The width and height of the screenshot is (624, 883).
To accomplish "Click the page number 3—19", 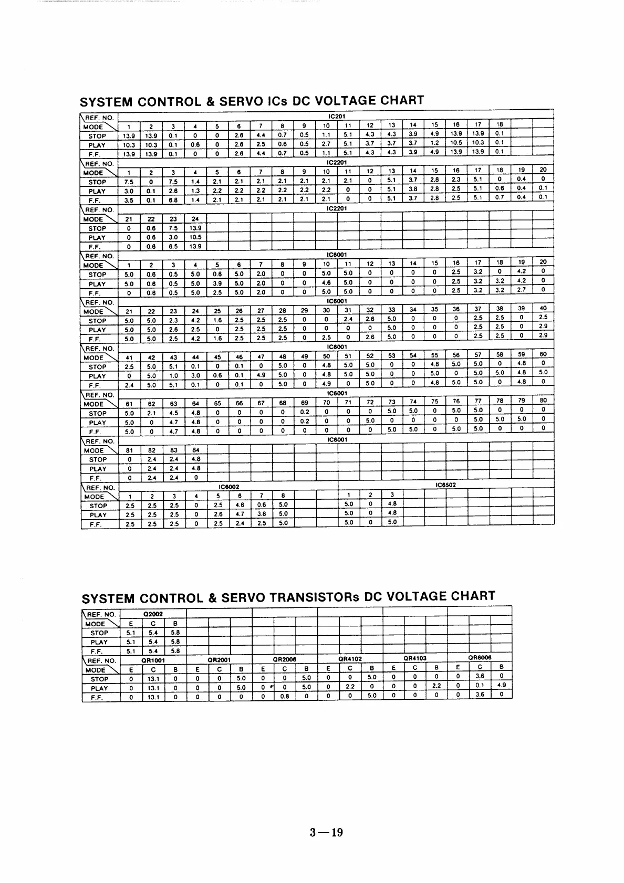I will (x=326, y=833).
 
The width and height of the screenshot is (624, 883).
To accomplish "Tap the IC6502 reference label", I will (x=445, y=485).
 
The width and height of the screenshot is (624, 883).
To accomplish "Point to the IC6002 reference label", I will (x=228, y=487).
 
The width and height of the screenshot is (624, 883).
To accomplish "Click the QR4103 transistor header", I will (x=415, y=658).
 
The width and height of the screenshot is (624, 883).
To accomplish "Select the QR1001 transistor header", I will (x=153, y=660).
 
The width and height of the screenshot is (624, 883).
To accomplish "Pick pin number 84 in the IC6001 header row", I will (x=195, y=450).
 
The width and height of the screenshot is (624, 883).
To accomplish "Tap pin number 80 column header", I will (x=543, y=401).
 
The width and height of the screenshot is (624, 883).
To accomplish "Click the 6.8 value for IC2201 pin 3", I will (x=173, y=200).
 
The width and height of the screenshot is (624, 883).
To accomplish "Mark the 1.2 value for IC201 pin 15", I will (x=434, y=143).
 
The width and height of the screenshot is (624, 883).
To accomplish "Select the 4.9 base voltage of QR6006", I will (x=501, y=685).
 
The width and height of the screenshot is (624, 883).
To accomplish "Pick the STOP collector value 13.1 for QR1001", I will (x=153, y=679).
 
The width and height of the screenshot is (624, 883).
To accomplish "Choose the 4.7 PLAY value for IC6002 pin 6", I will (x=239, y=514).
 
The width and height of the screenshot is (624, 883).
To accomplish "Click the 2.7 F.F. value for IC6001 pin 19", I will (x=521, y=289).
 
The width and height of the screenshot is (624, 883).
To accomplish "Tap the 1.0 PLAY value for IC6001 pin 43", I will (x=173, y=376).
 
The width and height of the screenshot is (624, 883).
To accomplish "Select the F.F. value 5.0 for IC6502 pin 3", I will (x=392, y=522).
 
